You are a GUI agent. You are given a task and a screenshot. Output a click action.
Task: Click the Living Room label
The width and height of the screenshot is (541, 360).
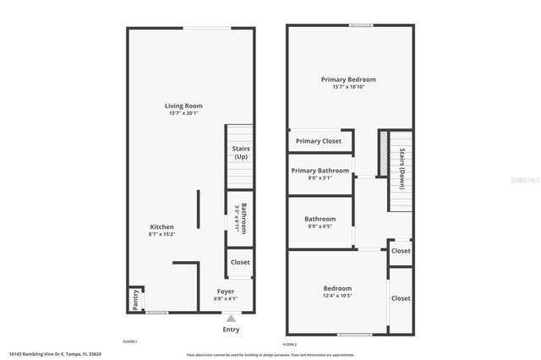click(183, 106)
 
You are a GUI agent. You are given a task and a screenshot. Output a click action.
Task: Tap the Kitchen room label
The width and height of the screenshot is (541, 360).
click(161, 226)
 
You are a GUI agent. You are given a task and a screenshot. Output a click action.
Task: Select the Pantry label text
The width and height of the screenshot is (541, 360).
click(134, 299)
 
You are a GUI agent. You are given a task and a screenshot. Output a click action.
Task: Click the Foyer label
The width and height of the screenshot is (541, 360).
click(226, 291)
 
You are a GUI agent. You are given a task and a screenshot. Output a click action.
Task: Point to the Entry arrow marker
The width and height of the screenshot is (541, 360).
click(231, 317)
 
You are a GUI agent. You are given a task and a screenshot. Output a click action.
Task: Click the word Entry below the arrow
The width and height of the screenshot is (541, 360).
click(231, 329)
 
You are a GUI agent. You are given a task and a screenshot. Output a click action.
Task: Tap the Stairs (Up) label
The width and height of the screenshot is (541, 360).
click(240, 152)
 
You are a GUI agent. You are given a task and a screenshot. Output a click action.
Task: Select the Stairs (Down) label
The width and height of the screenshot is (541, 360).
click(402, 166)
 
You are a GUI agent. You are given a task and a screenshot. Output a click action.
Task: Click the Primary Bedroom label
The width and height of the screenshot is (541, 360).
click(348, 79)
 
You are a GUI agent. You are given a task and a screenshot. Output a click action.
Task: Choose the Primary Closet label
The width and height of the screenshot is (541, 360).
click(319, 141)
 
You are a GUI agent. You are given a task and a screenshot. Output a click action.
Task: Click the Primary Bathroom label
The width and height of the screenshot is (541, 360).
click(320, 170)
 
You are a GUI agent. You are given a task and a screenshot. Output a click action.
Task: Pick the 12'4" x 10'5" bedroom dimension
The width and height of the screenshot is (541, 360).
click(336, 295)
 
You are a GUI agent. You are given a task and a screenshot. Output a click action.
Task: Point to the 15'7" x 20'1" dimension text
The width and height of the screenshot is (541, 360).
click(183, 113)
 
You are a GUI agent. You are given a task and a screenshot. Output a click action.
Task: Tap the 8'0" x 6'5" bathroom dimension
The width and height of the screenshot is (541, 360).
click(320, 226)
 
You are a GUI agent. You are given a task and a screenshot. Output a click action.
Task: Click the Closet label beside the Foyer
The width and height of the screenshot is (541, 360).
click(240, 262)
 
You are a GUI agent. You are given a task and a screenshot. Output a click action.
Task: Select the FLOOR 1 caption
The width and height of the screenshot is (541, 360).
click(130, 341)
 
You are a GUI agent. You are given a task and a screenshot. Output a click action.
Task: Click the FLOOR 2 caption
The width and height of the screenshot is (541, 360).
click(290, 344)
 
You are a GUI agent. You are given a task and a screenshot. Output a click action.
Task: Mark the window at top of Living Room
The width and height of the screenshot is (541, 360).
click(207, 29)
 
